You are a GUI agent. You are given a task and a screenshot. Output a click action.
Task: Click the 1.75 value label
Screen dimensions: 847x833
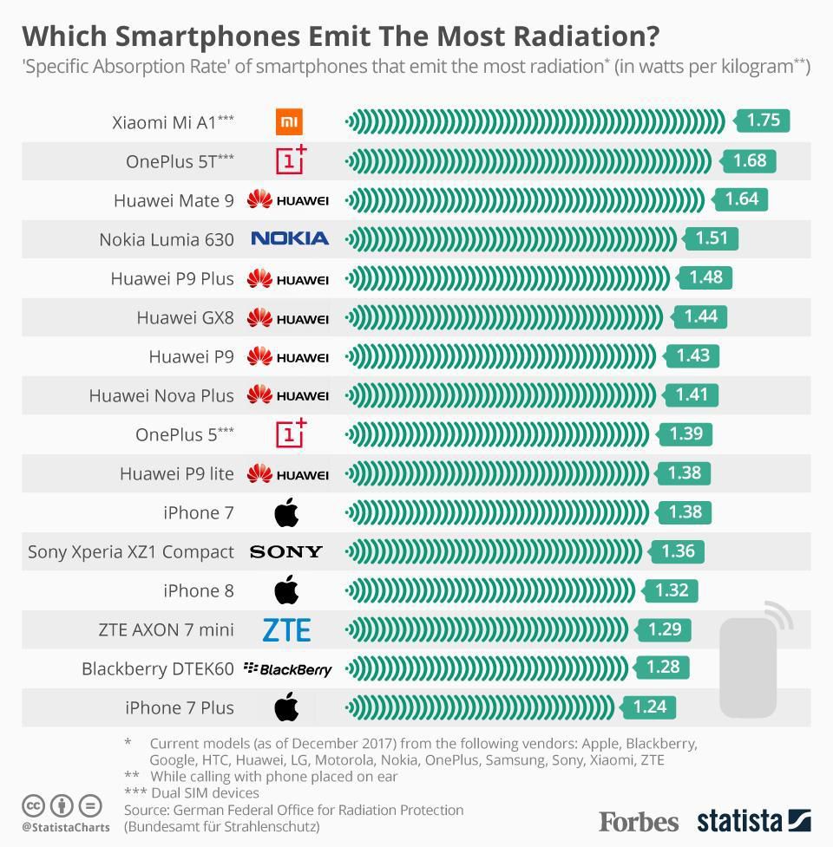(764, 121)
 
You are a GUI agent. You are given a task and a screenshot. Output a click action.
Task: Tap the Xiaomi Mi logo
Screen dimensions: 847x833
(289, 122)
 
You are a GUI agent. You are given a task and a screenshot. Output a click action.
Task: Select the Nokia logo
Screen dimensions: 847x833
(290, 238)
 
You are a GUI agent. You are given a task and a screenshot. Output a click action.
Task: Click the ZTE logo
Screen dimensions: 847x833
(286, 629)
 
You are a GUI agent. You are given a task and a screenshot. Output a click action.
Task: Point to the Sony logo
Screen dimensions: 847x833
(285, 551)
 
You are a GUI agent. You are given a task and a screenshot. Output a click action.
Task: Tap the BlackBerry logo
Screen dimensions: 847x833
(288, 668)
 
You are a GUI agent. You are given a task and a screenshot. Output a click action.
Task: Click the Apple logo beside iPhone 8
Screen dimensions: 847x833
(286, 590)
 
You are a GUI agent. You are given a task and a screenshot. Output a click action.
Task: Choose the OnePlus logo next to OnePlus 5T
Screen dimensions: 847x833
(291, 160)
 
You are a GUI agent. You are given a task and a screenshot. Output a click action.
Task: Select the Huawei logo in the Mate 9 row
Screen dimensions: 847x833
(288, 200)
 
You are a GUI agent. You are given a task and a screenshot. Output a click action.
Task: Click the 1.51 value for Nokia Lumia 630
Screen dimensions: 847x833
(712, 238)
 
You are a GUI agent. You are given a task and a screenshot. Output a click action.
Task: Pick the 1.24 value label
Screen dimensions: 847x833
(649, 707)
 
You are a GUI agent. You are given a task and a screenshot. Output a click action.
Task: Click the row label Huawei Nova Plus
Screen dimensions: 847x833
(161, 395)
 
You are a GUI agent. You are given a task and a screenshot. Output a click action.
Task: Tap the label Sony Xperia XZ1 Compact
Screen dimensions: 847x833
(131, 551)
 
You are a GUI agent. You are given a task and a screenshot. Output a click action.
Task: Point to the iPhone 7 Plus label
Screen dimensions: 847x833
(180, 707)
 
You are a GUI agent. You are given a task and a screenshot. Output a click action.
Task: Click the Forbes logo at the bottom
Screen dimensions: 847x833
(639, 820)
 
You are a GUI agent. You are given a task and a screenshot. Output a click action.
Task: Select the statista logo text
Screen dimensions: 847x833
(739, 820)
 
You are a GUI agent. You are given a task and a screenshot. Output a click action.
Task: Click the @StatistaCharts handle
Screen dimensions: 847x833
(66, 827)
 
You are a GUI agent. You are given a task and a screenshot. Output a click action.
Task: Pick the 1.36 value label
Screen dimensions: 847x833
(678, 551)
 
